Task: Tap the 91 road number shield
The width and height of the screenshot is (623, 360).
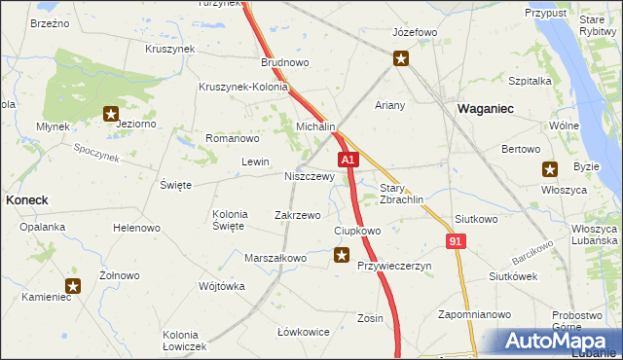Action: (457, 240)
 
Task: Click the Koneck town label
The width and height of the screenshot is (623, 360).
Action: (26, 198)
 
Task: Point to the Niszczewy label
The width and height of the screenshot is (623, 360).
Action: (310, 177)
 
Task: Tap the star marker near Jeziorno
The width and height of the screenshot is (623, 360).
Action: (112, 114)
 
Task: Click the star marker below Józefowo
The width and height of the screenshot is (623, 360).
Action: (401, 60)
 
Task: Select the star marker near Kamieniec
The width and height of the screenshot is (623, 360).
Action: (73, 286)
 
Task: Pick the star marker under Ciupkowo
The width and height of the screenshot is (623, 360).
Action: (341, 256)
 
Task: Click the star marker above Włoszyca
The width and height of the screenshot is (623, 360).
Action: (550, 168)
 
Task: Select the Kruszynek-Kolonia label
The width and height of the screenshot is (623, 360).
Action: (243, 87)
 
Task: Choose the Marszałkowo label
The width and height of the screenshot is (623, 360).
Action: (275, 258)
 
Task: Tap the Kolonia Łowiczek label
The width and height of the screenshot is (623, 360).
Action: (185, 341)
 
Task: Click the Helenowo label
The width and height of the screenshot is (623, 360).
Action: (136, 229)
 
